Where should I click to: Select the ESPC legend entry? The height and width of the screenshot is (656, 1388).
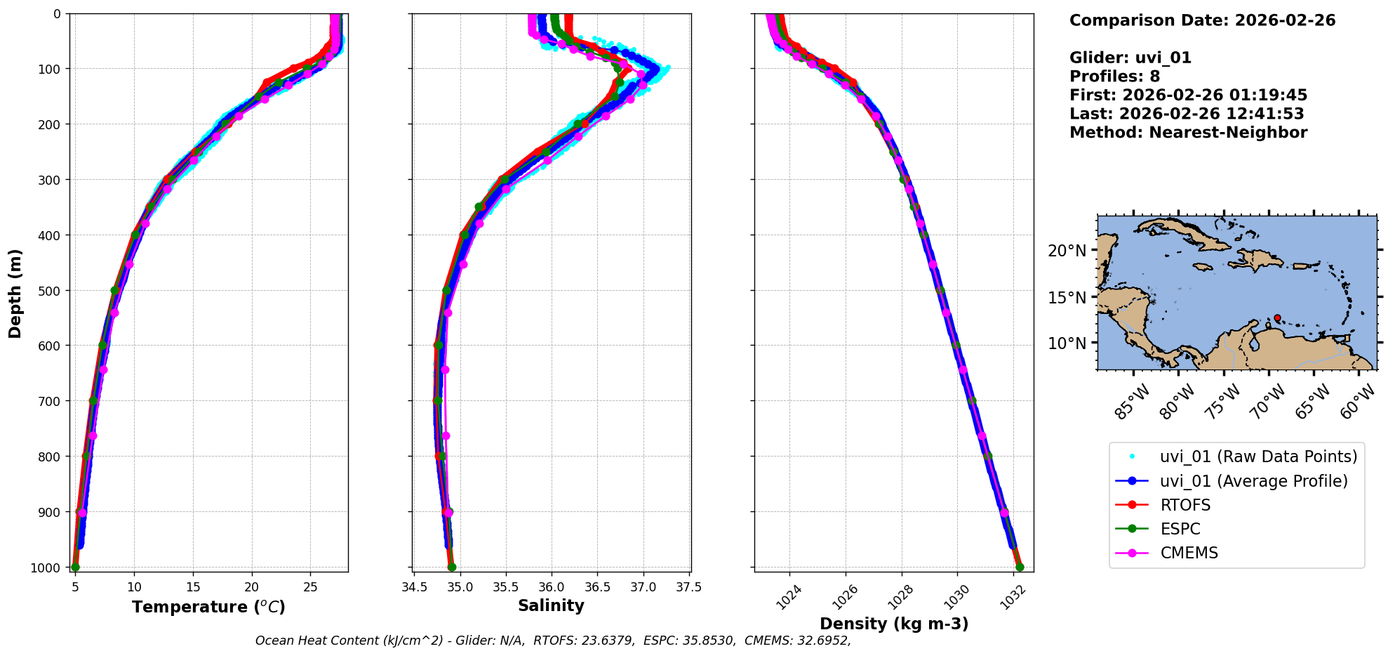pyautogui.click(x=1180, y=529)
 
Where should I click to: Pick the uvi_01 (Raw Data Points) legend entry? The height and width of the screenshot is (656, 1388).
pyautogui.click(x=1258, y=457)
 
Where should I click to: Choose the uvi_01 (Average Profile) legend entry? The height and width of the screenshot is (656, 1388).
pyautogui.click(x=1253, y=481)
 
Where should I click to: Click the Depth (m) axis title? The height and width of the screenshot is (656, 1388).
pyautogui.click(x=15, y=293)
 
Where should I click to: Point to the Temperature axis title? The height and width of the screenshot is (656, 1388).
pyautogui.click(x=208, y=607)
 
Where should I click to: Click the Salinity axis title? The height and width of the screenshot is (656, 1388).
pyautogui.click(x=551, y=605)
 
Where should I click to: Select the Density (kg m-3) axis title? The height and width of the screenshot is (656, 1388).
pyautogui.click(x=894, y=624)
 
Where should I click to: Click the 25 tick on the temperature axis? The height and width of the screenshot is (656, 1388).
pyautogui.click(x=310, y=587)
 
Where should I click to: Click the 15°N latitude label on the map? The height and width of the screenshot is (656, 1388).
pyautogui.click(x=1067, y=298)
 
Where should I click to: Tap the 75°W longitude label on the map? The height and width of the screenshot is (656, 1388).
pyautogui.click(x=1224, y=402)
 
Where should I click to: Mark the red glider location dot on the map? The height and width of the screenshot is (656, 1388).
pyautogui.click(x=1277, y=318)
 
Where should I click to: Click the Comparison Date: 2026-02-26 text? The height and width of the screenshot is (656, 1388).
pyautogui.click(x=1202, y=20)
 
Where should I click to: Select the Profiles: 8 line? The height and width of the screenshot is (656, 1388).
pyautogui.click(x=1114, y=77)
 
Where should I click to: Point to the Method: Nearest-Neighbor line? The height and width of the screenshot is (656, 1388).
pyautogui.click(x=1188, y=133)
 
